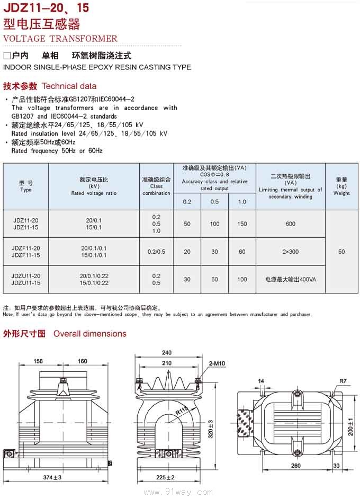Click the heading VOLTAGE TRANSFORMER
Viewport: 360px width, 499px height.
tap(60, 38)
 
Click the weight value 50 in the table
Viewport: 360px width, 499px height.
tap(341, 252)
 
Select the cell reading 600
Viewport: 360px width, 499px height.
tap(290, 224)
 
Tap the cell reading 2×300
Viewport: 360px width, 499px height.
tap(290, 252)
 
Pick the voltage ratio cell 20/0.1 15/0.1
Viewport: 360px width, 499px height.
tap(94, 224)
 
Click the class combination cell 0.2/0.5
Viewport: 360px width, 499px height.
tap(156, 252)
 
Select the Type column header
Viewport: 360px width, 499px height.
tap(26, 186)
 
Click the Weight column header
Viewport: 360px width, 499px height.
tap(341, 186)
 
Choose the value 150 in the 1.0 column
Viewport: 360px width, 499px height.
tap(242, 224)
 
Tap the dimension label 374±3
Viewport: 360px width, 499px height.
tap(52, 478)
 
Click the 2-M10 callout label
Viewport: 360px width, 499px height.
tap(217, 363)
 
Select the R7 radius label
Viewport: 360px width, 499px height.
tap(343, 381)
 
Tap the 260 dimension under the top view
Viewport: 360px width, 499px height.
tap(296, 466)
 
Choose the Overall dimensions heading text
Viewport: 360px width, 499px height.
tap(89, 334)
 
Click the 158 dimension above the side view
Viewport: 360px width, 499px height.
tap(39, 361)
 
